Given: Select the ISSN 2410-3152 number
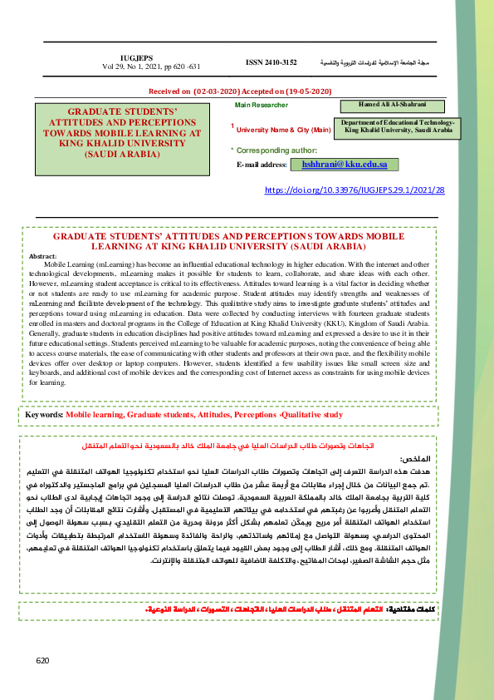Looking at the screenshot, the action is point(271,62).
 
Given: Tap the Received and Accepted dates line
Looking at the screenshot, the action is point(239,90).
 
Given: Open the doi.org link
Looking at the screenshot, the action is point(355,190).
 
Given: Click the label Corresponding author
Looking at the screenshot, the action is point(265,150).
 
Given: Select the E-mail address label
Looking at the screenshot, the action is point(261,165).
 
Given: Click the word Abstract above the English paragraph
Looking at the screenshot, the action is point(42,256).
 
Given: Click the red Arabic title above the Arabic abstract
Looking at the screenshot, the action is point(241,446).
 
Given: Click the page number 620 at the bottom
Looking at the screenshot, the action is point(43,660).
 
